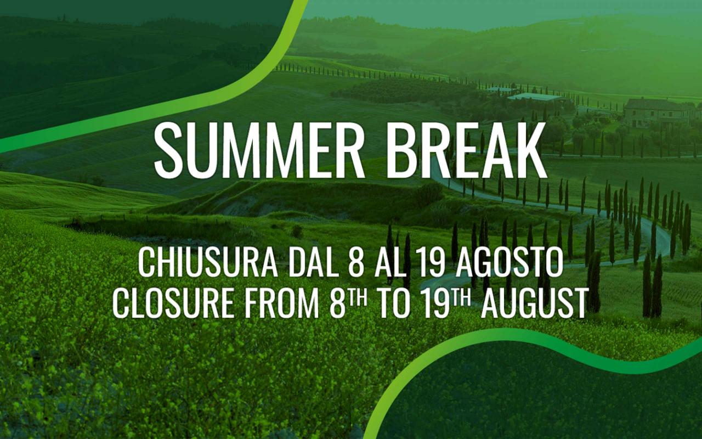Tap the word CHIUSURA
point(208,263)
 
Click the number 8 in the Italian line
point(356,263)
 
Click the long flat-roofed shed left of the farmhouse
point(536,97)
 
